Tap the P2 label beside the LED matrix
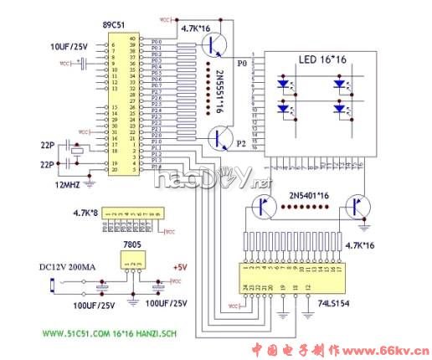point(242,143)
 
